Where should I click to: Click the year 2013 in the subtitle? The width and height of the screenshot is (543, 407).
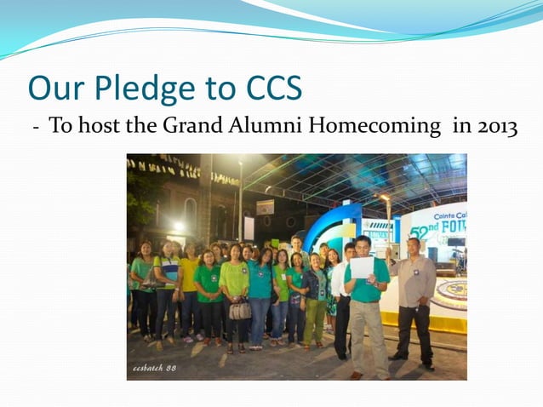click(x=498, y=127)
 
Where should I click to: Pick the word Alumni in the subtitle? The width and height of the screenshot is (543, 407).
click(x=262, y=127)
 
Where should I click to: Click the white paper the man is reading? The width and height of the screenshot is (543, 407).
click(x=363, y=267)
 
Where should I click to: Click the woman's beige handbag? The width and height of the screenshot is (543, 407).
click(x=240, y=310)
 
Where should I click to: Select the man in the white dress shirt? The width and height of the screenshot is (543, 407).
click(x=341, y=298)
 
